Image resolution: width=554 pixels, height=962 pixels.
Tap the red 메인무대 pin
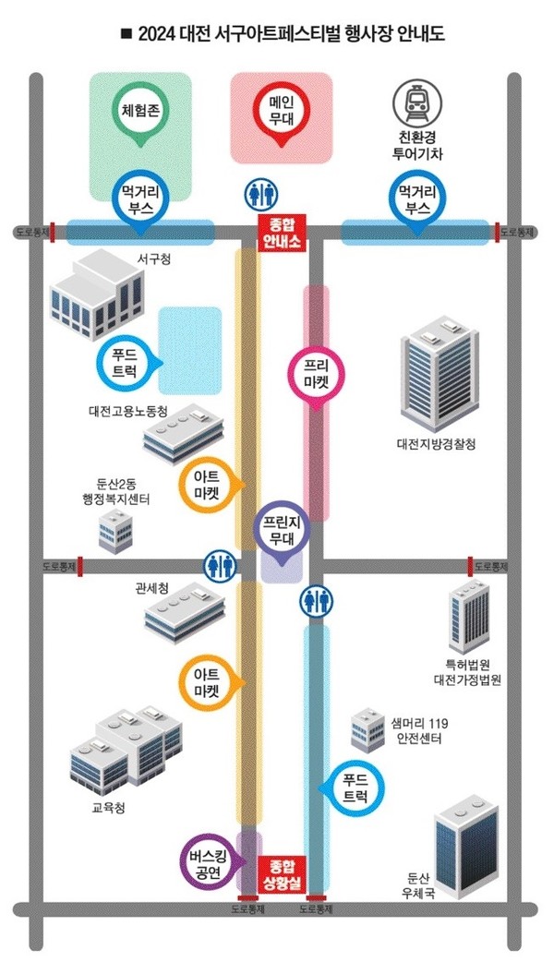click(x=278, y=110)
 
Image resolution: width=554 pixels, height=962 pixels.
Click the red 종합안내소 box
click(x=280, y=234)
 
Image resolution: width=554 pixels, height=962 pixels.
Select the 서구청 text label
click(x=154, y=258)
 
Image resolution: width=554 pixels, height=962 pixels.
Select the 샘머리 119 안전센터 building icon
click(x=366, y=730)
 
